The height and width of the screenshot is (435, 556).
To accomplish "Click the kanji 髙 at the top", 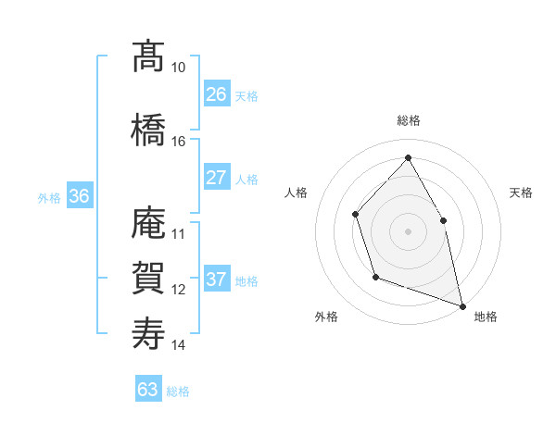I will point(148,57).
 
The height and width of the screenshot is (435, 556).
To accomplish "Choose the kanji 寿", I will point(148,333).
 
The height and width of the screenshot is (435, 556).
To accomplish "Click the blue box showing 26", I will point(217,94).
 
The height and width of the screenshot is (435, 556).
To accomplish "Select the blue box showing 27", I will point(217,178).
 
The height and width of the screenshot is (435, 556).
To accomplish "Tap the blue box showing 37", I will point(217,280).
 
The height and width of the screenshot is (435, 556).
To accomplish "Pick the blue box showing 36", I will point(79,196).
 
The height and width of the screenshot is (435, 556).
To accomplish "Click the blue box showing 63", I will point(148,390).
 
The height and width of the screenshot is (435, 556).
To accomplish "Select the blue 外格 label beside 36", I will point(49,197).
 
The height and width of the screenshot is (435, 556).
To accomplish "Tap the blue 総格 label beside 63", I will point(178,391).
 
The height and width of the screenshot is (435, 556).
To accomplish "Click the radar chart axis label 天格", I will point(521,193).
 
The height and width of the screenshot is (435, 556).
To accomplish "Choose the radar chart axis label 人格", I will point(297,193).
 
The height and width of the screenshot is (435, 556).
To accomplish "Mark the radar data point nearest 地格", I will point(461,304).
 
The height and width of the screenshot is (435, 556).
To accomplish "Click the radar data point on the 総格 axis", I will point(408,158).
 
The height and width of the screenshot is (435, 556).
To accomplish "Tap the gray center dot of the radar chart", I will point(408,231).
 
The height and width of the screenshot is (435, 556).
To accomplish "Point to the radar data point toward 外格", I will point(374,277).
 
